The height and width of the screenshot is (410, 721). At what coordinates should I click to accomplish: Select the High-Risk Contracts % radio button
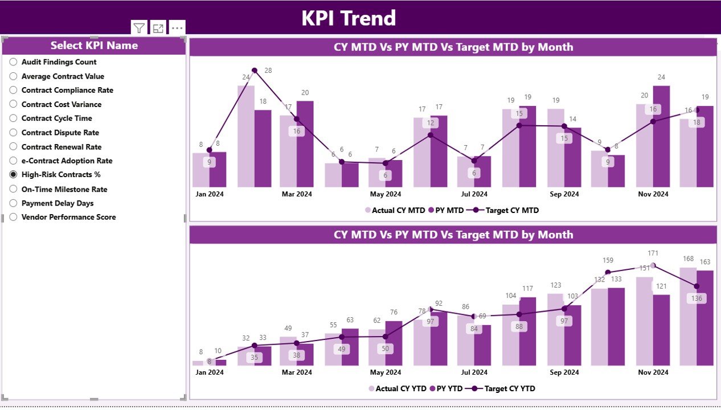click(x=14, y=175)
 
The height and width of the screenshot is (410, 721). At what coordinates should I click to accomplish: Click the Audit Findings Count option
click(x=59, y=62)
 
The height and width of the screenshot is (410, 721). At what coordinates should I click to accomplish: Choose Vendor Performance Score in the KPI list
click(x=68, y=217)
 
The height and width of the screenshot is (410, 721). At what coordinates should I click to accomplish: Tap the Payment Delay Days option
click(x=57, y=203)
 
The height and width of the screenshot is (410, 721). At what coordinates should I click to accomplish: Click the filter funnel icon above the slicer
click(x=139, y=27)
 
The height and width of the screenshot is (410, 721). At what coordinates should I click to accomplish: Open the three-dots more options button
click(x=177, y=27)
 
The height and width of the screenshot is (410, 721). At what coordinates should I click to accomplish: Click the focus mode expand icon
click(x=158, y=27)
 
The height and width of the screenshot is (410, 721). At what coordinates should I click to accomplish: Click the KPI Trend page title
click(x=348, y=18)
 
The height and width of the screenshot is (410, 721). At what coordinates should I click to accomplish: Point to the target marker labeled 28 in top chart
click(x=255, y=71)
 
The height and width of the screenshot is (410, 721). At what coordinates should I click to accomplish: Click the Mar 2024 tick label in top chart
click(x=296, y=194)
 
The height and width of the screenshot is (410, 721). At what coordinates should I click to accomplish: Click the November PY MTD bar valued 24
click(x=661, y=136)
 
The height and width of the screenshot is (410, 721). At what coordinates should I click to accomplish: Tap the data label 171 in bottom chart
click(x=653, y=253)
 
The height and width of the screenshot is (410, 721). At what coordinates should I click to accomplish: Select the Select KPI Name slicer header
click(x=94, y=46)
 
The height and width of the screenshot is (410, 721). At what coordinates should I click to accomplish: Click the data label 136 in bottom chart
click(x=696, y=298)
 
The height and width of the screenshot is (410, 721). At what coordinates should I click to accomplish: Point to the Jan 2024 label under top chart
click(x=210, y=194)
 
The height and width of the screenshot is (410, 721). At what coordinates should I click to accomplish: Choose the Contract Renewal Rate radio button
click(x=14, y=147)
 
